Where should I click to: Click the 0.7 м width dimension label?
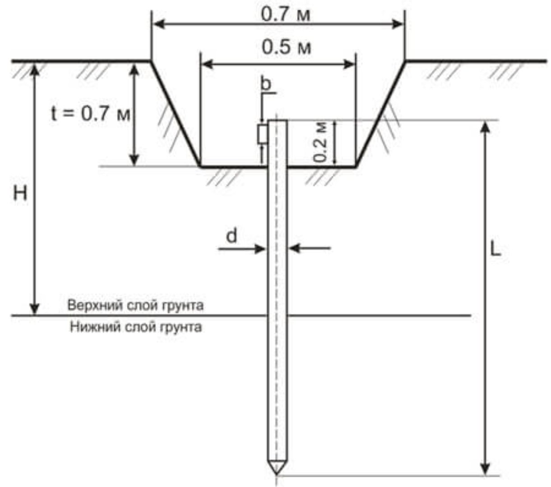click(x=285, y=14)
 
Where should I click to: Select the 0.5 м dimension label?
click(x=286, y=47)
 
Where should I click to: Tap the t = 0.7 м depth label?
click(x=91, y=114)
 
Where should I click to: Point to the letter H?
click(x=20, y=194)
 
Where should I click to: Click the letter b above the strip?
click(x=266, y=84)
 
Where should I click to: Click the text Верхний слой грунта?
click(x=135, y=305)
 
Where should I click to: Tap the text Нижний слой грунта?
click(x=136, y=327)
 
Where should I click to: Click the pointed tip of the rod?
click(x=277, y=474)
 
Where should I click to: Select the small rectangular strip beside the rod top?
click(x=263, y=134)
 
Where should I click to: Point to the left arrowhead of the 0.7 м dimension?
click(x=159, y=24)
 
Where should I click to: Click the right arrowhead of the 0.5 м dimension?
click(x=349, y=64)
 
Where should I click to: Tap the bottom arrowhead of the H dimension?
click(x=34, y=309)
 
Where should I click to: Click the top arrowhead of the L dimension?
click(x=486, y=128)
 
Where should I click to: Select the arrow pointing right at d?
click(x=242, y=248)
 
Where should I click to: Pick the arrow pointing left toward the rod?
click(x=310, y=248)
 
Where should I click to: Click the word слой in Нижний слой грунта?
click(x=140, y=327)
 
